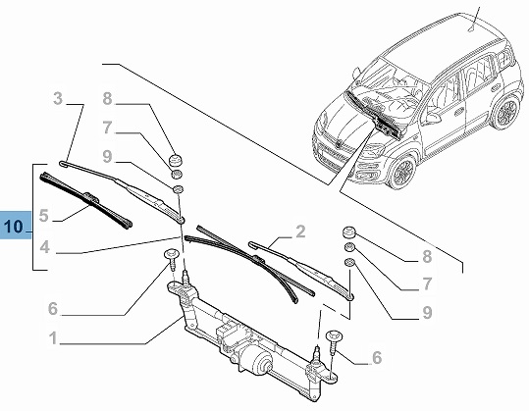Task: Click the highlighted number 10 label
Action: pyautogui.click(x=15, y=226)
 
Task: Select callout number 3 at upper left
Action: pyautogui.click(x=58, y=98)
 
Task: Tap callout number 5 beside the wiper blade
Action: pyautogui.click(x=44, y=215)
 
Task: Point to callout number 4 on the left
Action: pyautogui.click(x=44, y=247)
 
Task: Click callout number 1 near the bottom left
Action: pyautogui.click(x=53, y=337)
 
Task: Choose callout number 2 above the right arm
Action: pyautogui.click(x=300, y=231)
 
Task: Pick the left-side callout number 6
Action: pyautogui.click(x=53, y=309)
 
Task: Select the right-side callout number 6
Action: pyautogui.click(x=377, y=357)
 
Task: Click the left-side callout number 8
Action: pyautogui.click(x=107, y=99)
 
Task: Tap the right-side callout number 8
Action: pyautogui.click(x=427, y=257)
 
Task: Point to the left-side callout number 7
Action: pyautogui.click(x=107, y=128)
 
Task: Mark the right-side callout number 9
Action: pyautogui.click(x=427, y=313)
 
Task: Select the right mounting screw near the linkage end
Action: pyautogui.click(x=334, y=341)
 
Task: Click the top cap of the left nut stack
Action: pyautogui.click(x=176, y=160)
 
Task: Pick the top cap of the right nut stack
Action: pyautogui.click(x=349, y=233)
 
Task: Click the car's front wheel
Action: pyautogui.click(x=403, y=173)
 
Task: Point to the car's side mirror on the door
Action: pyautogui.click(x=434, y=118)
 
